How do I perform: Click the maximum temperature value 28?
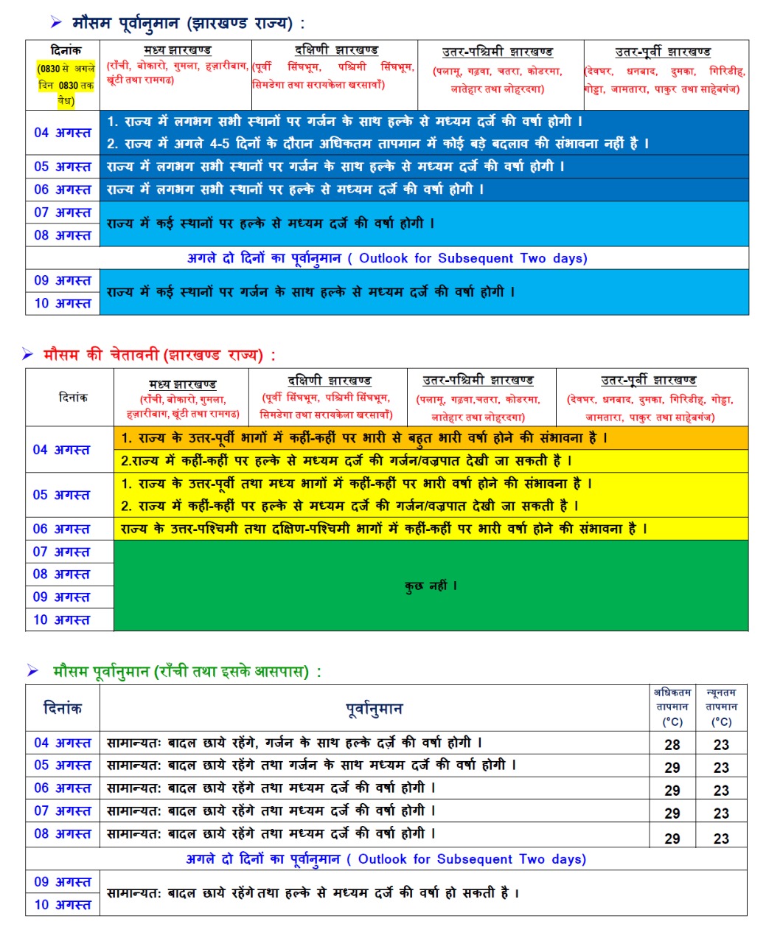click(x=672, y=744)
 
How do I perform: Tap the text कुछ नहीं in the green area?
click(x=431, y=586)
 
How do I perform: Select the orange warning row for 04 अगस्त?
click(x=431, y=438)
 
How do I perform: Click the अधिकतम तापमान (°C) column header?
click(x=672, y=707)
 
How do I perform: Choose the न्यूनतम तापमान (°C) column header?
click(x=721, y=707)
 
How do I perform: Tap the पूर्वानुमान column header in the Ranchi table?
click(x=374, y=709)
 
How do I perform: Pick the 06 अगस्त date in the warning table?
click(x=61, y=529)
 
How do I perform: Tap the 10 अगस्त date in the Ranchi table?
click(x=63, y=904)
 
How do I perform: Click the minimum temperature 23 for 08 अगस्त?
click(x=721, y=839)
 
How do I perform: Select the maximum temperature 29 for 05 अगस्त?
click(x=672, y=767)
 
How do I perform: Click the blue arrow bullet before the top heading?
click(x=56, y=24)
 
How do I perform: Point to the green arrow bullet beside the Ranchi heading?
click(x=32, y=671)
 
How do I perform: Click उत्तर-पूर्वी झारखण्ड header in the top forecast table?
click(x=663, y=52)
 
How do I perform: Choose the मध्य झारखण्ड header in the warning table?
click(x=182, y=384)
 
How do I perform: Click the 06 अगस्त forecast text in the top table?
click(x=295, y=190)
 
